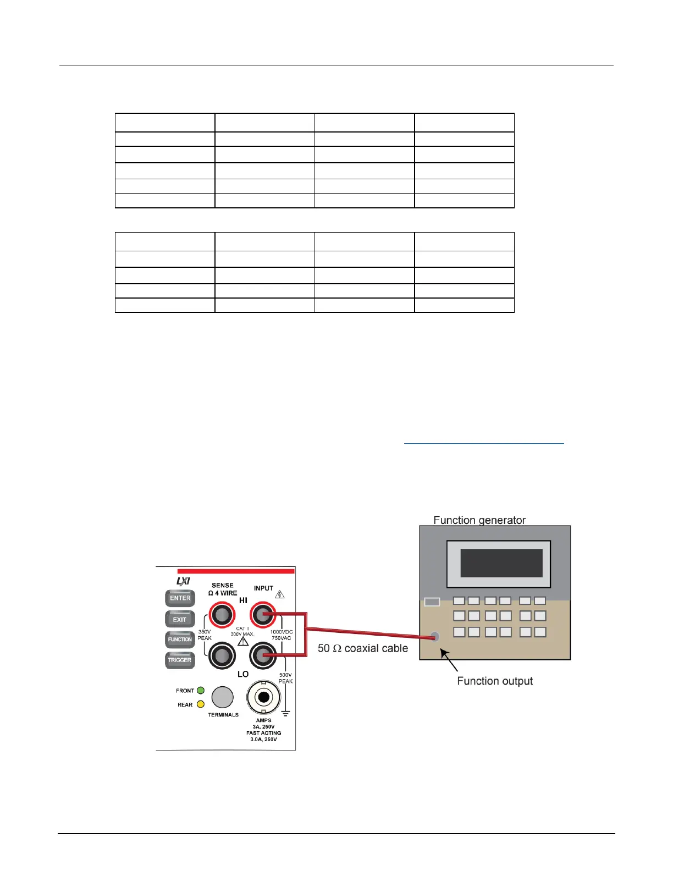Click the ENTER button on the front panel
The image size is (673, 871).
180,598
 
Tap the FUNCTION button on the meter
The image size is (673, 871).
180,640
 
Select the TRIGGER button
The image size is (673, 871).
180,660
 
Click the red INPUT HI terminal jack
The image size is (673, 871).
263,615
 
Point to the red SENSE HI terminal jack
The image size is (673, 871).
222,615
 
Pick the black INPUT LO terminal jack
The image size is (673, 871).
263,655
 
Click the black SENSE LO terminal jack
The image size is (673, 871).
222,655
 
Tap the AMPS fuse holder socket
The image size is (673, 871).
263,697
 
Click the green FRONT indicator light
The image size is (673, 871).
201,691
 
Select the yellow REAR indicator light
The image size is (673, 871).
201,704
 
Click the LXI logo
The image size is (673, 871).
183,581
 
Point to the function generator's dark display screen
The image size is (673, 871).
501,563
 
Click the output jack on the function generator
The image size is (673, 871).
435,637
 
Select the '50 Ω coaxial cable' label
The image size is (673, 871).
363,648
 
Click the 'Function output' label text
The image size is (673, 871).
495,681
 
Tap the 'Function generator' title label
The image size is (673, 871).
479,520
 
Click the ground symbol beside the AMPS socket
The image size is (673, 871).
285,713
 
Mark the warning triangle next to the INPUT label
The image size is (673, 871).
280,594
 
